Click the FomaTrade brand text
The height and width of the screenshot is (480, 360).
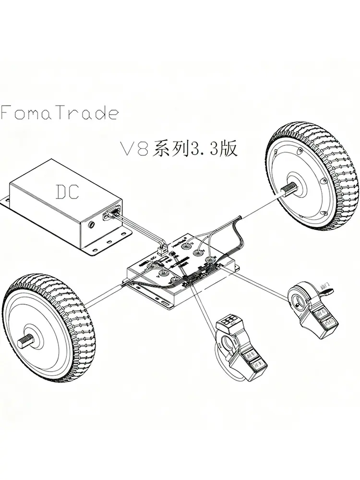[x=59, y=113]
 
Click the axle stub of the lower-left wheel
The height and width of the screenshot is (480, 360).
[x=28, y=342]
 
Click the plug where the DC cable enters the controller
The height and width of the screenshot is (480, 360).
[x=163, y=251]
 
